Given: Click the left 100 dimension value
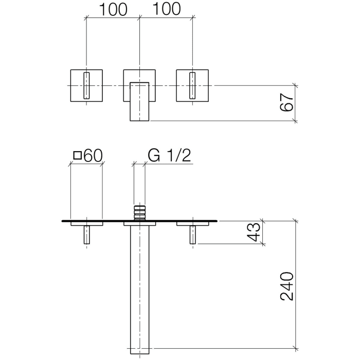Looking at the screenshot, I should coord(112,9).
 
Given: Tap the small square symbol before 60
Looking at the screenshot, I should coord(77,155).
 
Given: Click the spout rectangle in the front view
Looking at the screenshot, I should coord(139,101).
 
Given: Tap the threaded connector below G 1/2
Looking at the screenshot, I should coord(139,212).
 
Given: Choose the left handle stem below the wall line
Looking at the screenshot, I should coord(86,235).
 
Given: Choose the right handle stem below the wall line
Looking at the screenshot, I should coord(193,235).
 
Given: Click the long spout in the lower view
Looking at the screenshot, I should coord(139,288).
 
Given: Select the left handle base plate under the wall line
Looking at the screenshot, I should coord(86,224).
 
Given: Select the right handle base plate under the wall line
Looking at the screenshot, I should coord(193,224).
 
